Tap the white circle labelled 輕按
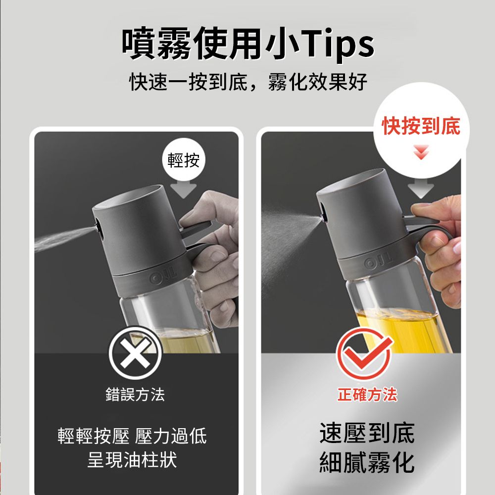(184, 160)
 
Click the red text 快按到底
(421, 126)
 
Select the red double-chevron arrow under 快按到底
(421, 152)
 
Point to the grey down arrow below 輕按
(184, 190)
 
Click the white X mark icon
(135, 353)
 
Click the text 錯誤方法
(135, 395)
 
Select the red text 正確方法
(367, 395)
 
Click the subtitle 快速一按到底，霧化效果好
(248, 82)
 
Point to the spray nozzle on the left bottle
(97, 227)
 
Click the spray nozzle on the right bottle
(322, 217)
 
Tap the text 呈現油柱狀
(132, 460)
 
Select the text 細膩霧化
(367, 462)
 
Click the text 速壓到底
(367, 433)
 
